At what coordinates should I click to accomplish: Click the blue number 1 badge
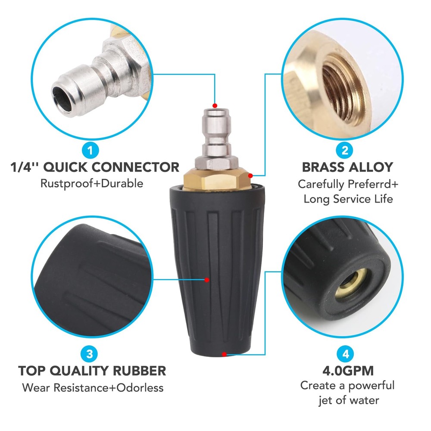point(91,150)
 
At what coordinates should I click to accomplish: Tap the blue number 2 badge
point(345,150)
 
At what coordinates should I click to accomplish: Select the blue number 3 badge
point(90,354)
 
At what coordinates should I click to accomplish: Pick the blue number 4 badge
point(346,354)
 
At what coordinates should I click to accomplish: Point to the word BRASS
point(322,167)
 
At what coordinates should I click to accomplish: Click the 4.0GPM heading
point(348,371)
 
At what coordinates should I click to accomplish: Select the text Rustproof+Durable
point(92,184)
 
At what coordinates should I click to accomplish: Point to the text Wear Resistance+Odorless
point(93,387)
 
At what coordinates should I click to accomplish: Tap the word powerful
point(371,386)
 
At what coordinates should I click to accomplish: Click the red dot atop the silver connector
point(215,106)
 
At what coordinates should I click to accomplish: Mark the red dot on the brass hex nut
point(250,176)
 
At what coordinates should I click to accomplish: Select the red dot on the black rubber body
point(207,280)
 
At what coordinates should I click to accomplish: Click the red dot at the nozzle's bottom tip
point(224,354)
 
